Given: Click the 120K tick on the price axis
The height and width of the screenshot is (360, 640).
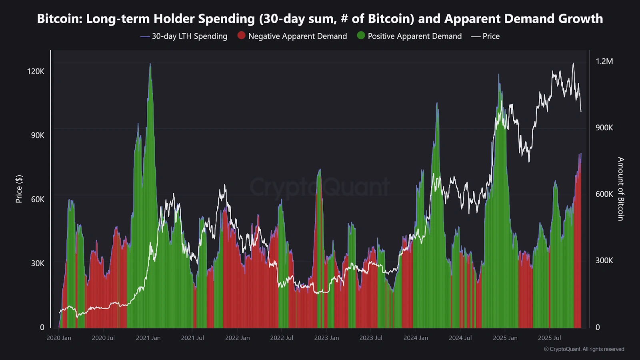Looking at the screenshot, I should pos(36,71).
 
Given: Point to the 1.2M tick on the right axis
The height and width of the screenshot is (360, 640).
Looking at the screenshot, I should pos(604,61).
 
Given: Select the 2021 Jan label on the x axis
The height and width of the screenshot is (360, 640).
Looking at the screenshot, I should pos(148,338).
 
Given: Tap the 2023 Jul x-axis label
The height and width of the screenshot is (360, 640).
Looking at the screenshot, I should pos(371,338).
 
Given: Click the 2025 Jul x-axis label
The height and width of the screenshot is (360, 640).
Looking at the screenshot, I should pos(549,338).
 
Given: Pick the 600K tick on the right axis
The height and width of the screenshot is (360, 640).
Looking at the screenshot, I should pos(604,194).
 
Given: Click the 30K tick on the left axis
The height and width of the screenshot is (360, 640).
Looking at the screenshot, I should pos(38,263).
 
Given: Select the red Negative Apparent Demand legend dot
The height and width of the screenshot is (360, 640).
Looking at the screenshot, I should pos(241,36).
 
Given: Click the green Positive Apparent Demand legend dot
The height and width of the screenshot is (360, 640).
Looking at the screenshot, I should pos(361,36).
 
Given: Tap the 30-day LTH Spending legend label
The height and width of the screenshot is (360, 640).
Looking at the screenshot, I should pos(189,36).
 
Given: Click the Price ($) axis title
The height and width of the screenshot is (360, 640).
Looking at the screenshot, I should pos(19,189).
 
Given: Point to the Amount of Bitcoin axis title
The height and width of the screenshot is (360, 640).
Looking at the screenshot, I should pos(620,189).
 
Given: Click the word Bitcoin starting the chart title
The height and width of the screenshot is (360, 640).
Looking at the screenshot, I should pos(59,18).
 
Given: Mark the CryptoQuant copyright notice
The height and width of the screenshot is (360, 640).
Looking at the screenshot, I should pos(584,349).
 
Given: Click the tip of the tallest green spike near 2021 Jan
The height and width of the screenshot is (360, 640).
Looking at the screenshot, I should pos(150,64).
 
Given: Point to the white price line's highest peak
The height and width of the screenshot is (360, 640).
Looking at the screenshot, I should pos(573,63).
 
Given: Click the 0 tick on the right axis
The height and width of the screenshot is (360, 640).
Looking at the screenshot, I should pos(598,327).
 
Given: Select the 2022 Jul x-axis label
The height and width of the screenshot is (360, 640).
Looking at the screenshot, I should pos(282,338).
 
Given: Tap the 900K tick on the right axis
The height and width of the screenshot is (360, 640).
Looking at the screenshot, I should pos(604,128).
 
